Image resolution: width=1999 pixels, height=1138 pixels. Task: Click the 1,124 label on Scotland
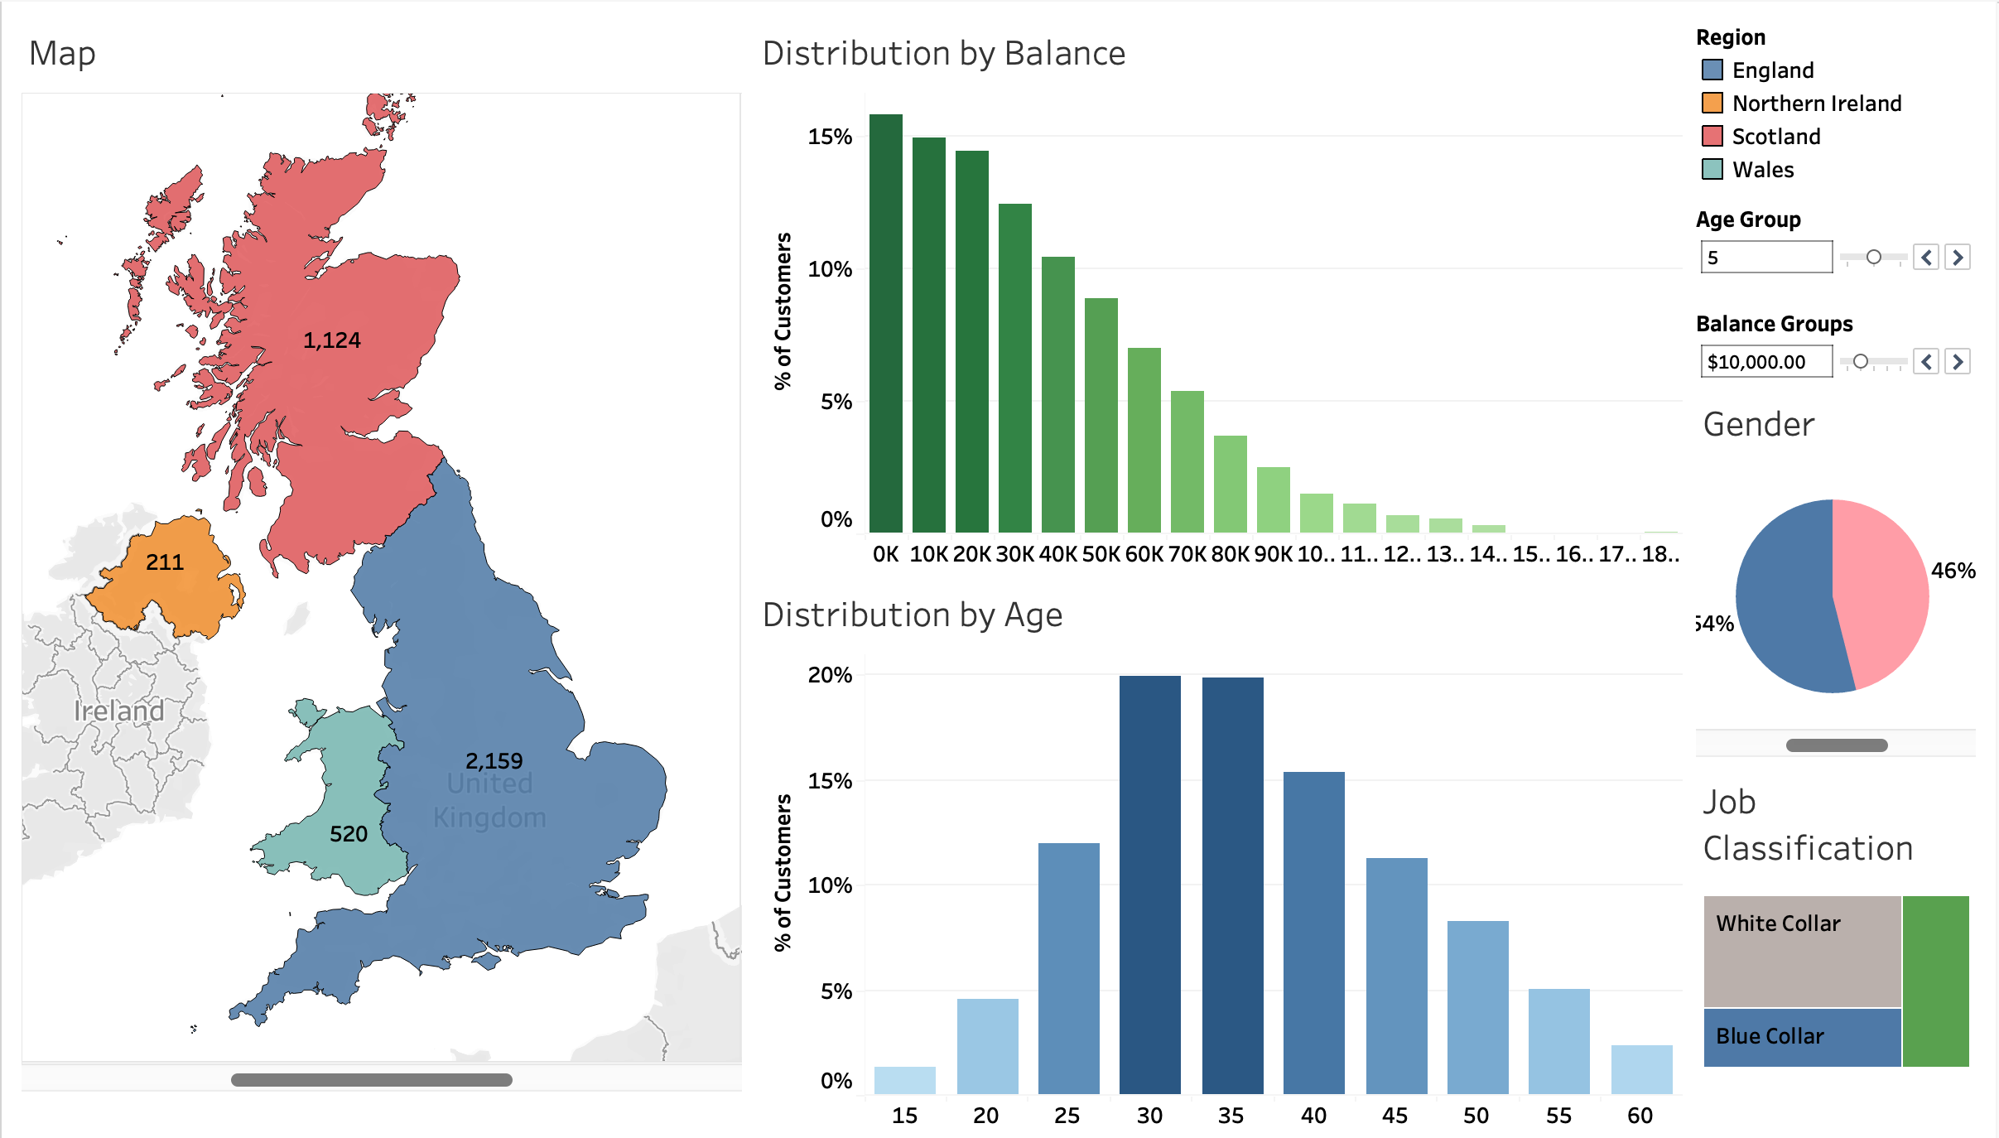331,340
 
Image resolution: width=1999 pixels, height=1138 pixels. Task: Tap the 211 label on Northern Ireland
164,562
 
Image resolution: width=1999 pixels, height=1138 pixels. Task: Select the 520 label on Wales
348,834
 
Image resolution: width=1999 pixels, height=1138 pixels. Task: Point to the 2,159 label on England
494,761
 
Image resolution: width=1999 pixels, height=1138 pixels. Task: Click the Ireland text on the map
118,711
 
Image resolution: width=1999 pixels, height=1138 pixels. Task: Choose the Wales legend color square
1712,170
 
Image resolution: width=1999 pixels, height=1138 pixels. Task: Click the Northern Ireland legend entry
1816,104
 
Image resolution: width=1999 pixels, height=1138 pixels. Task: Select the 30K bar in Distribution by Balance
1014,369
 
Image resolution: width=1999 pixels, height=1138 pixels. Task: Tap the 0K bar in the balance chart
885,323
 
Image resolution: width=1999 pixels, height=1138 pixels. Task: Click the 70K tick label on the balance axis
1187,554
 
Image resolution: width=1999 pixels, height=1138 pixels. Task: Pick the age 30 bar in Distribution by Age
1149,885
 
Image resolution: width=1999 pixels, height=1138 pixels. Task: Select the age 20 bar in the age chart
987,1045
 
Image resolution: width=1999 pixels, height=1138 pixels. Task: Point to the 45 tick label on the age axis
1394,1116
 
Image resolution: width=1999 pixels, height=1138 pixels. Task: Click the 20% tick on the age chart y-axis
830,675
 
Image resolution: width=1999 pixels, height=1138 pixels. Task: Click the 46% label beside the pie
1953,571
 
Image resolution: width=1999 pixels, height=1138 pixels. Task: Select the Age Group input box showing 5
1765,258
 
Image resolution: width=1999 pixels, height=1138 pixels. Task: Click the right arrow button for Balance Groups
1958,362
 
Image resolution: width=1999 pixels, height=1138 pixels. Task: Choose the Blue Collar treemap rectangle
1801,1036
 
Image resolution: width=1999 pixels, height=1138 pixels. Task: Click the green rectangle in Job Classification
1935,981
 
